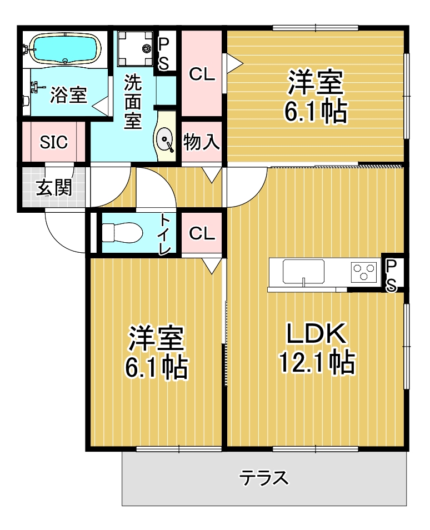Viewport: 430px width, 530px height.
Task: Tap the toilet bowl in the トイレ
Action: pos(122,232)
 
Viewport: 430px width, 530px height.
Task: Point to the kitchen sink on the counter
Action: pos(303,272)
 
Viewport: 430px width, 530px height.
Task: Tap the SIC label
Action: pos(54,142)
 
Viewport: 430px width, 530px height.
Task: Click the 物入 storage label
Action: pos(202,142)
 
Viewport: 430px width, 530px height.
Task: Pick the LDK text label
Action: pos(317,333)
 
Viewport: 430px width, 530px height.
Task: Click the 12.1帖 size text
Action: pos(317,362)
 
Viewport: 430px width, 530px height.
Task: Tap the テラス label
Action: pos(264,478)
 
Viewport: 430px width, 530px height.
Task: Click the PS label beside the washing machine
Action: pos(164,53)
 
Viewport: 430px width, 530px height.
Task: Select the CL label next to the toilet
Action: pos(202,233)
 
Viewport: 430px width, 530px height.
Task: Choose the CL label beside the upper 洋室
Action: pos(202,74)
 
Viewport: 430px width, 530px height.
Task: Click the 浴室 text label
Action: pos(69,95)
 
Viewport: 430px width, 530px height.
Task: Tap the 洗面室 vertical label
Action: pos(133,101)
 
